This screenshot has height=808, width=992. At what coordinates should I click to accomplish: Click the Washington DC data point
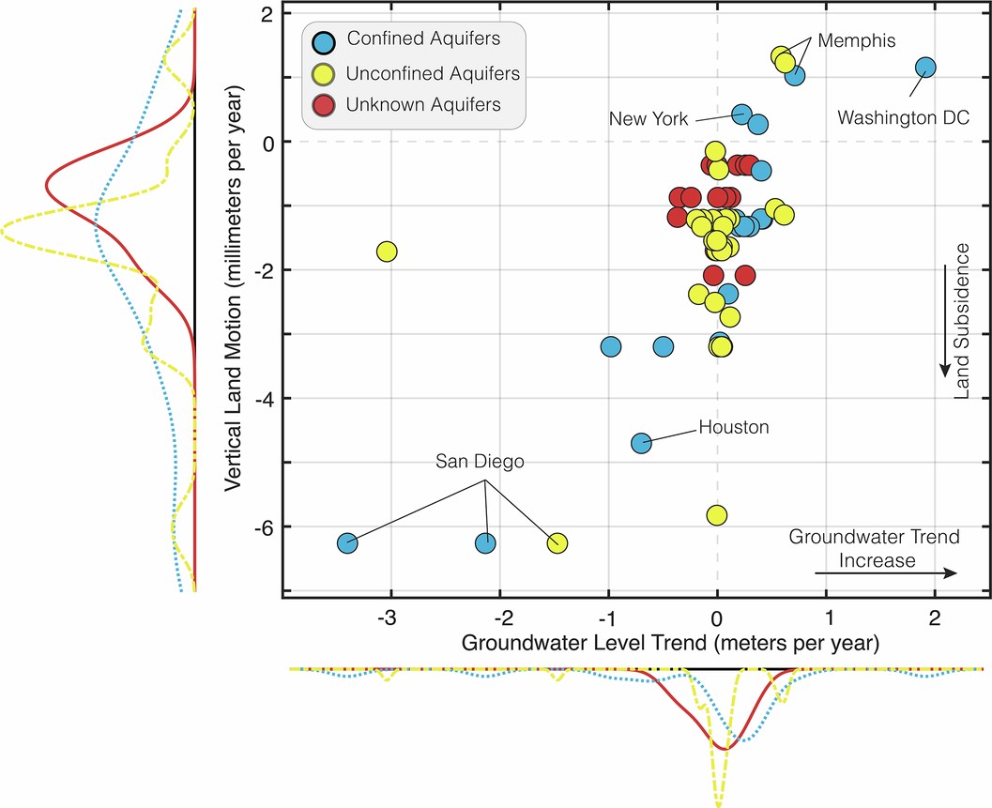pos(925,67)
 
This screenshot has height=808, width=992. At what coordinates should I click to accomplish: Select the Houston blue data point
pos(641,442)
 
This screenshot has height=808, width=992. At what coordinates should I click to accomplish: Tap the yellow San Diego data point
pos(557,543)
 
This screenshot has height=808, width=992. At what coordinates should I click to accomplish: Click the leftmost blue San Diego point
pos(347,542)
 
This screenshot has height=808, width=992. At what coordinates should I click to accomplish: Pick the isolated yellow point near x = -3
pos(386,252)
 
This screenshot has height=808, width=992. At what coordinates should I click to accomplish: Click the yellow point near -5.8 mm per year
pos(717,515)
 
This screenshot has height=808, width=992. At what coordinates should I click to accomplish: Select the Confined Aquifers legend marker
pos(323,39)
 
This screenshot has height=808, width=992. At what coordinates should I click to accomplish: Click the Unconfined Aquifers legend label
pos(434,72)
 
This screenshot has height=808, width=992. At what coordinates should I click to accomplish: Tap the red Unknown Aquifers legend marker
pos(323,104)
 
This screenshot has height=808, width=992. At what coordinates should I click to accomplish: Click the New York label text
pos(649,119)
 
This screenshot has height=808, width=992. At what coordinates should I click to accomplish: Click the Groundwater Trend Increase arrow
pos(885,573)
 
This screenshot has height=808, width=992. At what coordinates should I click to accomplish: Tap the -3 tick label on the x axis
pos(388,620)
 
